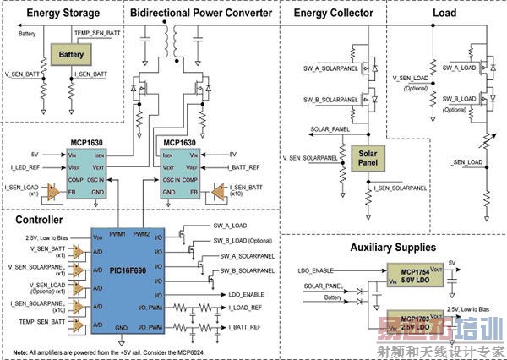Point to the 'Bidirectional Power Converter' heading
[201, 14]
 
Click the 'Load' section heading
[444, 14]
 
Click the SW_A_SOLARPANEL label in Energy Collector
[328, 68]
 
